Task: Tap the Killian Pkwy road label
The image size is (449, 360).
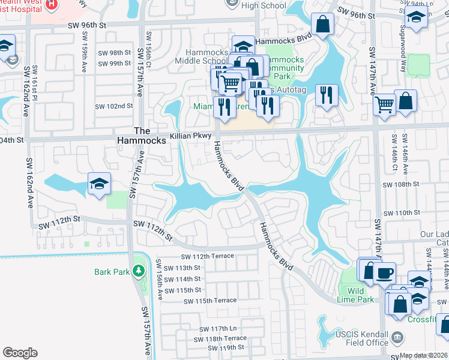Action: click(x=188, y=136)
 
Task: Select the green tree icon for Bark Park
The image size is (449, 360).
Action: click(x=139, y=272)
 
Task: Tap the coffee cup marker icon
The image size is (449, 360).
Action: click(x=384, y=273)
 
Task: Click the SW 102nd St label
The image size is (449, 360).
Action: click(x=113, y=106)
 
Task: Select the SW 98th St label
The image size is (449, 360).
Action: click(x=112, y=53)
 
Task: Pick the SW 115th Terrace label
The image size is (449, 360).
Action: click(x=210, y=300)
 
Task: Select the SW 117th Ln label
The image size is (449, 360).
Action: click(x=215, y=328)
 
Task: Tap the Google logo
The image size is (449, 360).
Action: click(x=20, y=353)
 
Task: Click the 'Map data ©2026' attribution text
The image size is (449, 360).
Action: click(x=424, y=356)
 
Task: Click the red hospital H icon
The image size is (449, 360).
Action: click(x=53, y=5)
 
